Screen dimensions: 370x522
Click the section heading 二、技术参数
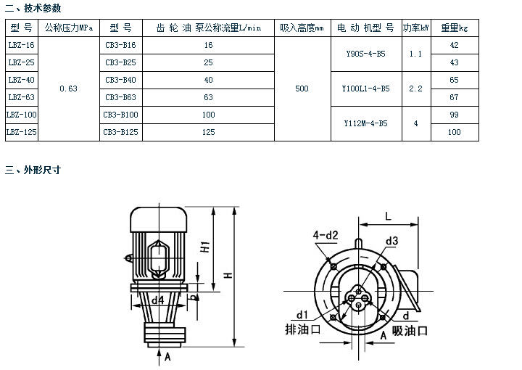33,8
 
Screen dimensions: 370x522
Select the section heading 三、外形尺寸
33,170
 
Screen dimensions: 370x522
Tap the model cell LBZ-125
20,132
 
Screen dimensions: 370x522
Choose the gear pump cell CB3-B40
120,80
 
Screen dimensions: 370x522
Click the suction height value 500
302,89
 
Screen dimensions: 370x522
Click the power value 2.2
415,89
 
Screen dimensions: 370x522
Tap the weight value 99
455,115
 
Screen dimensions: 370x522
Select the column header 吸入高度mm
302,28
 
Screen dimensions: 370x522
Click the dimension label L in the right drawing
388,216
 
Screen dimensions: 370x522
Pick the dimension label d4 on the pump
157,298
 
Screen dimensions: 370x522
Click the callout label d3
392,240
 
